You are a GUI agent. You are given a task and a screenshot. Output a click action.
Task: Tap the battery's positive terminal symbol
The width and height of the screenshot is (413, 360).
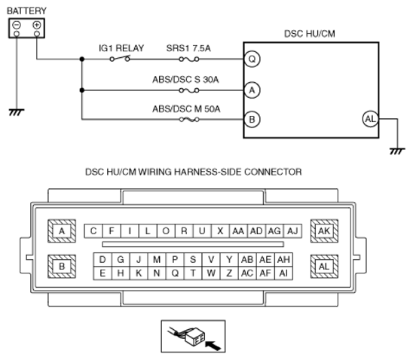point(36,25)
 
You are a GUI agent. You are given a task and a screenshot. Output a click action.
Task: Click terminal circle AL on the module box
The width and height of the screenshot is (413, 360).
point(369,119)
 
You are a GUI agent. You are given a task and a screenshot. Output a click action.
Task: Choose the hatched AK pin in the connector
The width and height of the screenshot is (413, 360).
point(325,231)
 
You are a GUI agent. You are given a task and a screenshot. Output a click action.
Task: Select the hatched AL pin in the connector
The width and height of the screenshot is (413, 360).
point(325,266)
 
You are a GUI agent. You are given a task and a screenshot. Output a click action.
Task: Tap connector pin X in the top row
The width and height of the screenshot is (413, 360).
point(220,231)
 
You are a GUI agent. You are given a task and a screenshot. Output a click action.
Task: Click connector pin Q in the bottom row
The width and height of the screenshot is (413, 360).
point(175,273)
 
